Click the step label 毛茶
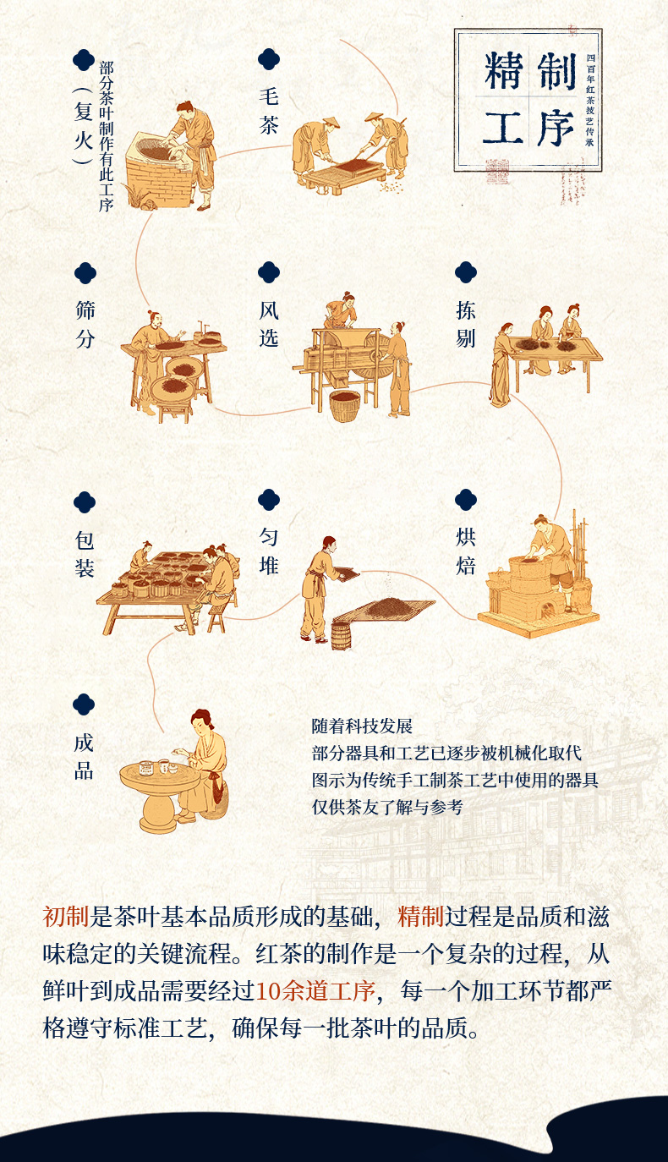[x=269, y=111]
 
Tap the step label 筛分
[x=85, y=325]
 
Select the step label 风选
[x=269, y=325]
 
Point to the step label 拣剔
[x=466, y=325]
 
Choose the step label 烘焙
[x=466, y=551]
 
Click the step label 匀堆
[x=269, y=551]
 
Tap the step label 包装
[x=85, y=554]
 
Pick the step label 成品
[x=84, y=757]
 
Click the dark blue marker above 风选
[x=269, y=272]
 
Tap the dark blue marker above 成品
[x=84, y=704]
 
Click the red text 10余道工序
[x=315, y=991]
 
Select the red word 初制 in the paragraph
[x=66, y=917]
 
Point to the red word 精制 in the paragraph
[x=420, y=917]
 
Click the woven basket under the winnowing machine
[x=345, y=406]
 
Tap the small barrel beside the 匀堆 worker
[x=341, y=635]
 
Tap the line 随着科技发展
[x=362, y=726]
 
